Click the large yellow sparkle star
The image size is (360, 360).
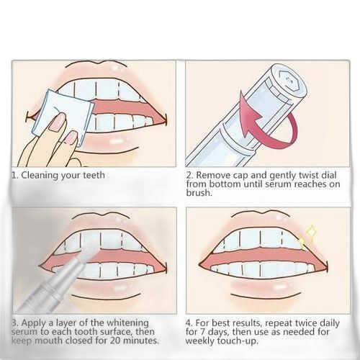(311, 233)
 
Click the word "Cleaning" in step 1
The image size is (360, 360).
(40, 176)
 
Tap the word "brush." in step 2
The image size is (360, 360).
(199, 193)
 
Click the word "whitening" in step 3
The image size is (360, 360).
(127, 323)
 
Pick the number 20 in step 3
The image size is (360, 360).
(110, 341)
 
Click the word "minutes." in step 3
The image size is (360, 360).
(138, 341)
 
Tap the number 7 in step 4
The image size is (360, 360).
(203, 332)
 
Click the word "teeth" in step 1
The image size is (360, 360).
(94, 176)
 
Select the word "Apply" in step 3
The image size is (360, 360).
(35, 323)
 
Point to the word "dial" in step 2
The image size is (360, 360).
(329, 175)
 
